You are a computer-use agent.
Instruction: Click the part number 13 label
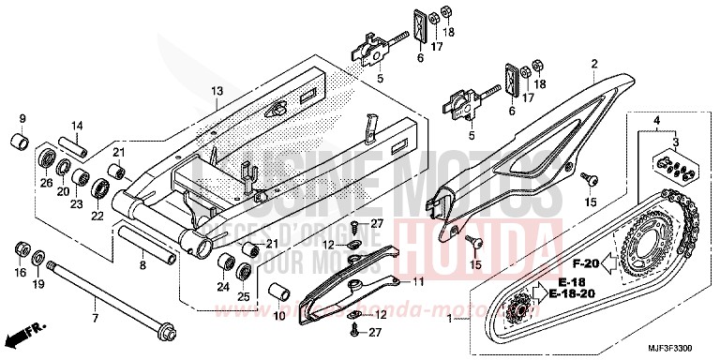click(x=217, y=91)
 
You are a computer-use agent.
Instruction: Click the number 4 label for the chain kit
click(x=658, y=122)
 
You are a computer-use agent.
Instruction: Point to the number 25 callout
click(x=243, y=296)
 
